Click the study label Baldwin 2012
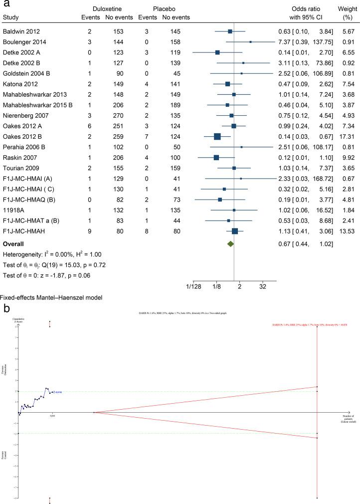point(19,31)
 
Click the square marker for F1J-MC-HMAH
point(235,231)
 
